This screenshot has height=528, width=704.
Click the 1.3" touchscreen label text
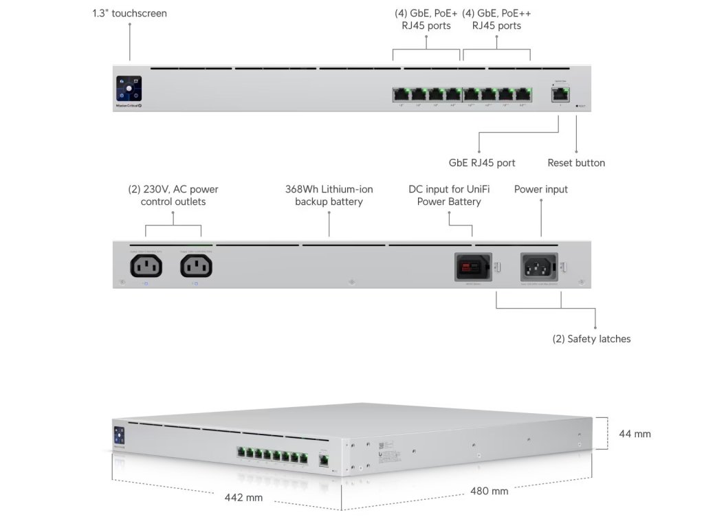130,13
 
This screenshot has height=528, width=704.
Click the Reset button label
576,163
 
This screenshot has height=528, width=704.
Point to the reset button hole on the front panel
576,107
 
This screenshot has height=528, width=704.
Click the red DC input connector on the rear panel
472,266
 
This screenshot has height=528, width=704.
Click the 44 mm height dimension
635,434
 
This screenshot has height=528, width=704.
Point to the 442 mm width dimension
244,497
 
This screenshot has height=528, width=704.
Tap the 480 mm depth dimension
489,491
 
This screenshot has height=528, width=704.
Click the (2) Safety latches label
591,339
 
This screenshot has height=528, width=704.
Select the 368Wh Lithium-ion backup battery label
329,195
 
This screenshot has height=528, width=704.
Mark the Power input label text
541,189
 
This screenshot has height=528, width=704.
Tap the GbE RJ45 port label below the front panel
481,163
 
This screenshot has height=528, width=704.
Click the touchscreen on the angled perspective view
118,436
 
